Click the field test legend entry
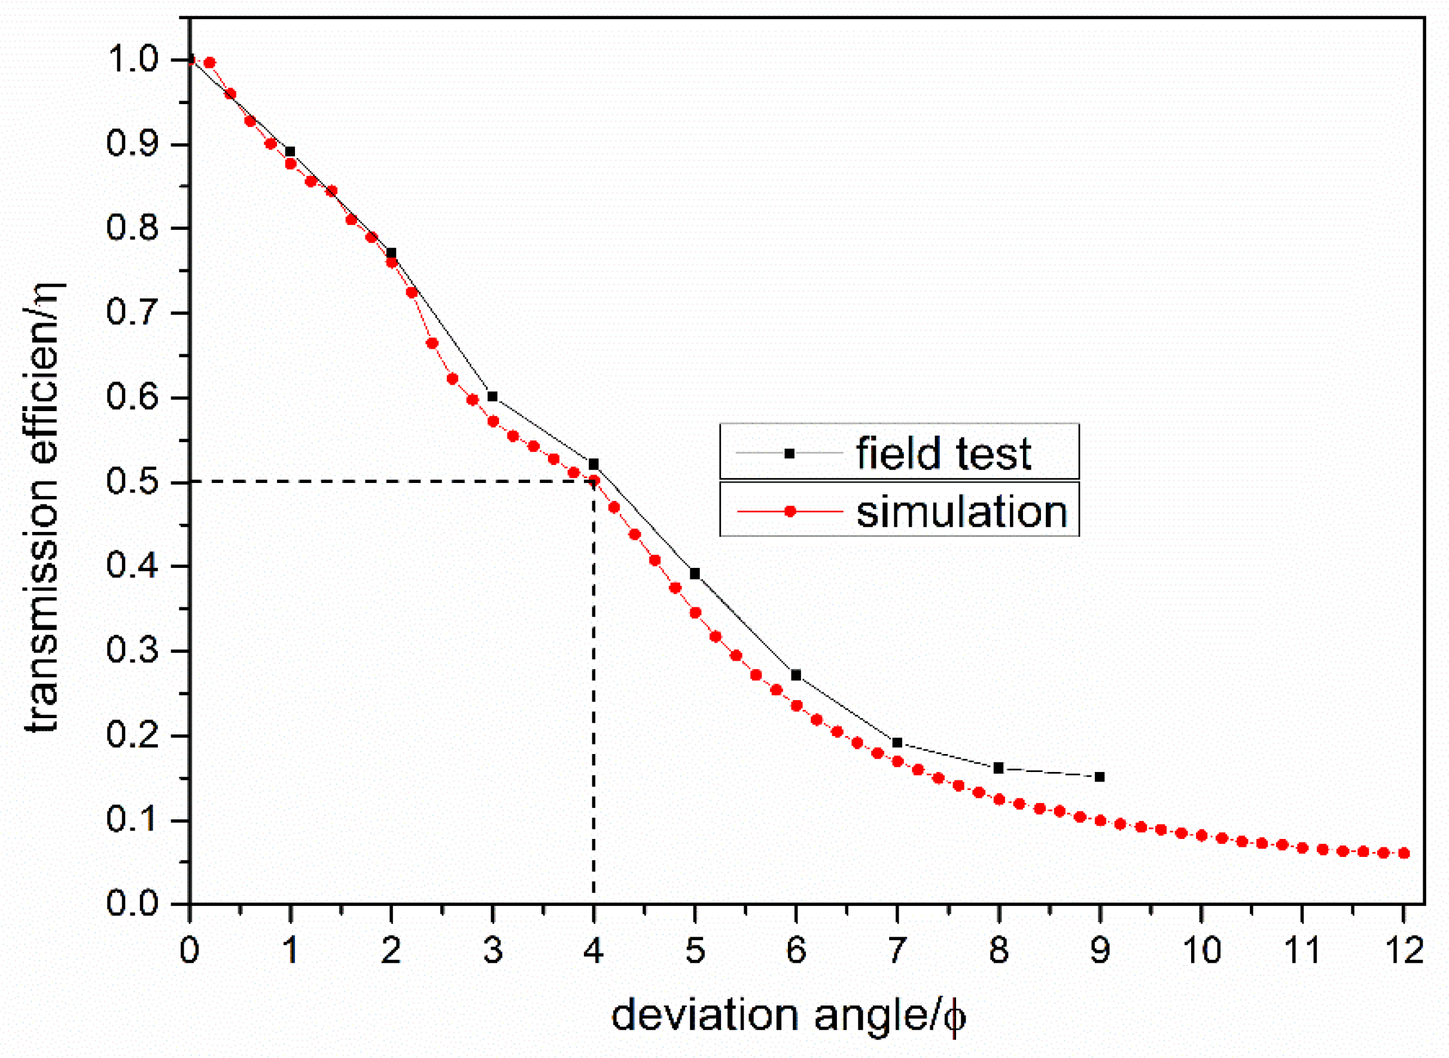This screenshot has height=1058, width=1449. [x=899, y=453]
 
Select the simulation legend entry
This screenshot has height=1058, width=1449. [x=899, y=511]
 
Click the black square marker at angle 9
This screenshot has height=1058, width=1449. [x=1100, y=777]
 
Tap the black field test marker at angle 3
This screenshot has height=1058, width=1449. [x=492, y=396]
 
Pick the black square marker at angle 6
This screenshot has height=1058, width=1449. [x=796, y=675]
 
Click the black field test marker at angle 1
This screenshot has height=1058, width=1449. [x=290, y=152]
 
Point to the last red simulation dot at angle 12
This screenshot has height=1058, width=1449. [x=1404, y=853]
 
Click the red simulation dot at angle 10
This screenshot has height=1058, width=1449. [x=1201, y=836]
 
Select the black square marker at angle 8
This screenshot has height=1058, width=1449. [x=999, y=768]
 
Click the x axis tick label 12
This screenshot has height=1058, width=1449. [x=1404, y=950]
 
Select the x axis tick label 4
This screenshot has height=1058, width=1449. [x=593, y=950]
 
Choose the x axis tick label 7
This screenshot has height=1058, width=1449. [x=897, y=950]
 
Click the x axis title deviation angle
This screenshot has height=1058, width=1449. [x=787, y=1016]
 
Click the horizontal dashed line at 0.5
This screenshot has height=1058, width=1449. [x=384, y=481]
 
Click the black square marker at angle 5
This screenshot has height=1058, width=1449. [x=695, y=574]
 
